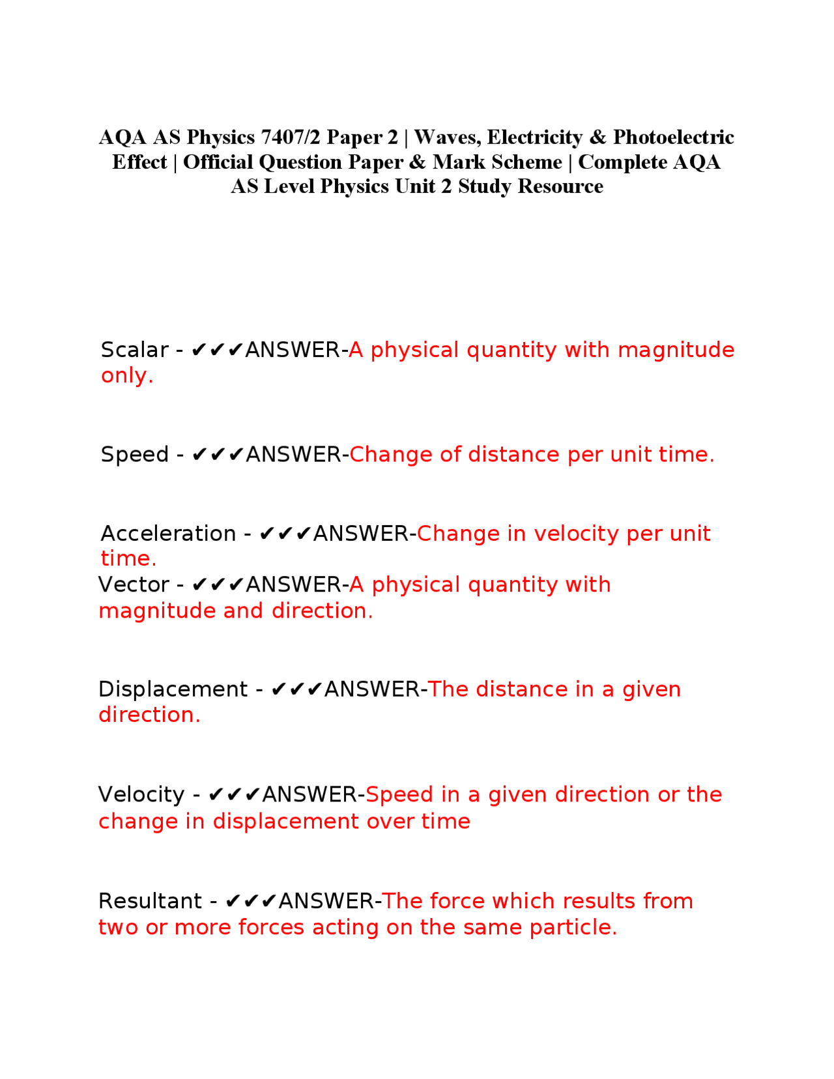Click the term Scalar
[x=134, y=350]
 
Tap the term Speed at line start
[x=134, y=455]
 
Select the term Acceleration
[x=168, y=534]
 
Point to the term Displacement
[x=173, y=689]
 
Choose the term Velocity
[x=141, y=795]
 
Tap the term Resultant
[x=150, y=901]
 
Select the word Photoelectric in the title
[x=673, y=137]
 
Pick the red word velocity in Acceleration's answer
[x=576, y=534]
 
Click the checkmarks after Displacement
[x=296, y=689]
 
